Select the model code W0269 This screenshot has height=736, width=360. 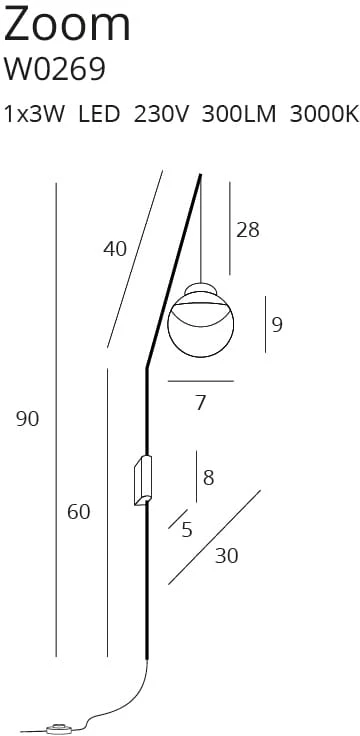[54, 69]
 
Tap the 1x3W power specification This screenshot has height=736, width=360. [34, 115]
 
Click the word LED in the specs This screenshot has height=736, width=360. [99, 115]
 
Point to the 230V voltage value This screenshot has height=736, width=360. [161, 115]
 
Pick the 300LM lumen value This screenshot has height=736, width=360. [239, 115]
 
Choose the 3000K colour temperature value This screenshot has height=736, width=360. [324, 115]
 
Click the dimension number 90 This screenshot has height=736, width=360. [27, 419]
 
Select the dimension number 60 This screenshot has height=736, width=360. [78, 512]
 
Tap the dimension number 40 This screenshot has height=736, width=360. [115, 249]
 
